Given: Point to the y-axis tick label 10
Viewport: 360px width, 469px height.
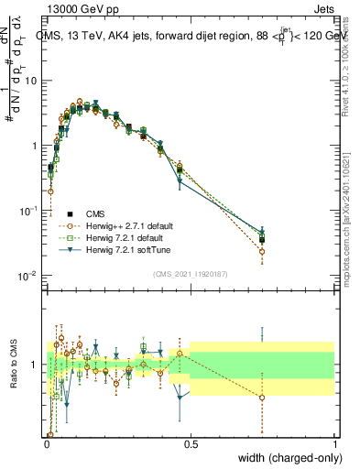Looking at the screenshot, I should click(30, 81).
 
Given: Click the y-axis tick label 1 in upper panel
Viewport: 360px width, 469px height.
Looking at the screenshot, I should click(34, 146).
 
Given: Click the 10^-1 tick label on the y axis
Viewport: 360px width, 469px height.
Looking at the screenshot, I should click(29, 211).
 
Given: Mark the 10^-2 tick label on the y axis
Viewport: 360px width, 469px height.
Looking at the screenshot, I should click(29, 276).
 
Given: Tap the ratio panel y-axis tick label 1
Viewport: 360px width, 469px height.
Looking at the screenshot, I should click(35, 365).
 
